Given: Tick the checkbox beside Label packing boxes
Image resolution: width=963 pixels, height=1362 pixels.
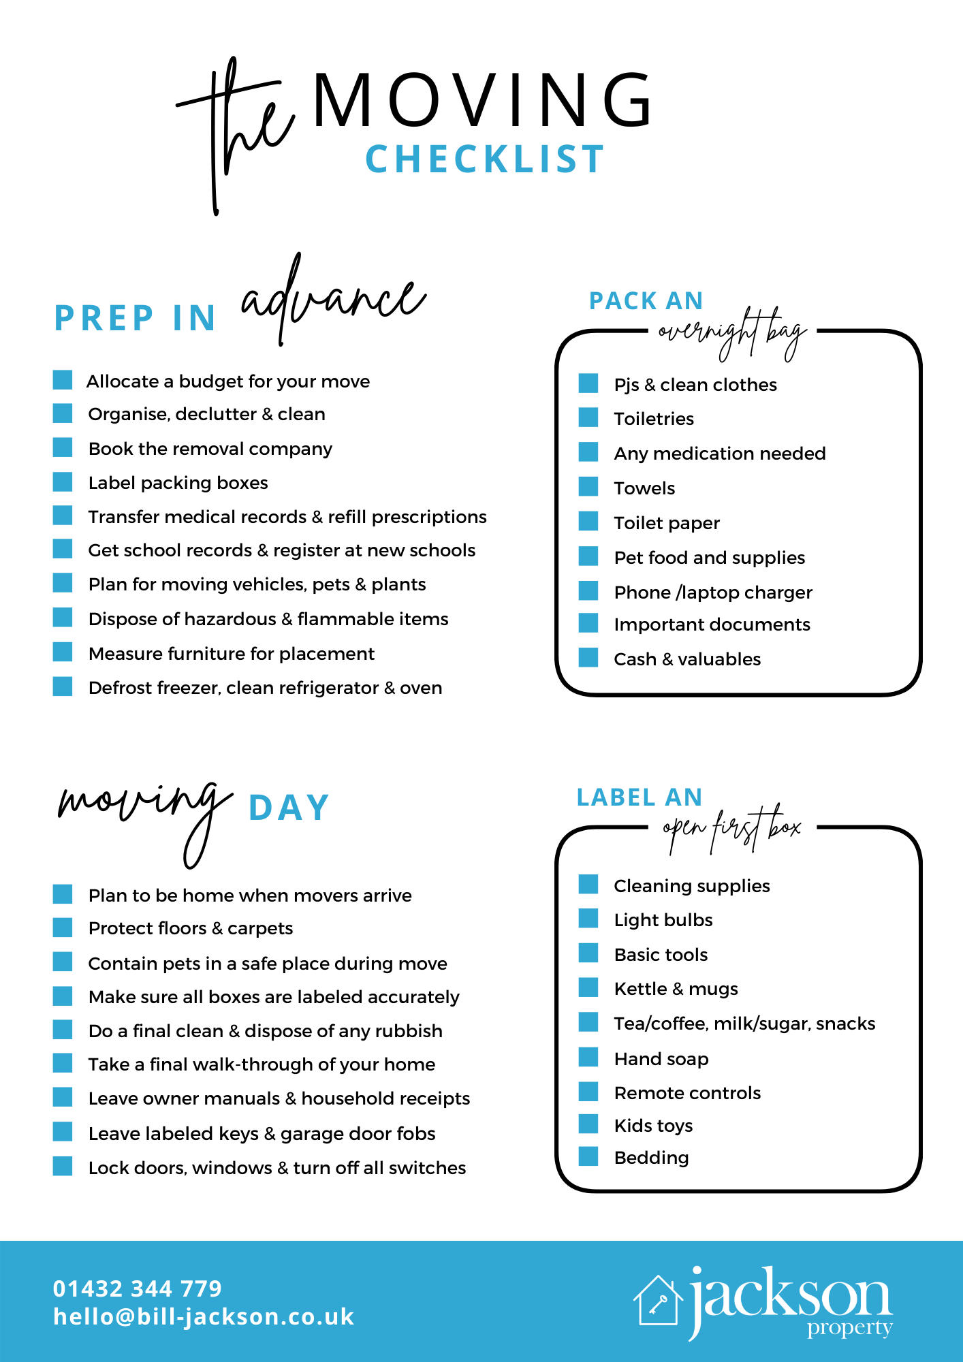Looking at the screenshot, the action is (x=63, y=482).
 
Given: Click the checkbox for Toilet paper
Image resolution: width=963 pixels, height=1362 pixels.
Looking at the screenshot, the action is (x=588, y=522).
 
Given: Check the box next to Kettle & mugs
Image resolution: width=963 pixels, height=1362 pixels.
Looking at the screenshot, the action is (x=588, y=987).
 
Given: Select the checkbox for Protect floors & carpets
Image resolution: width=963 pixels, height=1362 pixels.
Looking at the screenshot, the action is (x=63, y=928).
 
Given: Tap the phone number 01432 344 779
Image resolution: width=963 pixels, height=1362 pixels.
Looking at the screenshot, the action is (x=138, y=1288).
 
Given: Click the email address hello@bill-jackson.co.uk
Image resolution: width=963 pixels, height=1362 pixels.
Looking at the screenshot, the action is (x=204, y=1317).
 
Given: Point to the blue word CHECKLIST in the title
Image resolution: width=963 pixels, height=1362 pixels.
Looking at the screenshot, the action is (x=485, y=159).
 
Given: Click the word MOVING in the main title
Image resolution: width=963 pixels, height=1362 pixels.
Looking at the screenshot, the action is (x=482, y=101).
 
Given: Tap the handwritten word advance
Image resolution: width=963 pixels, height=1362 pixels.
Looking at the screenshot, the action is (x=334, y=300).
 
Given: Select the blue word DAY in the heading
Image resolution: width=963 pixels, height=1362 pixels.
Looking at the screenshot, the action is (x=289, y=808).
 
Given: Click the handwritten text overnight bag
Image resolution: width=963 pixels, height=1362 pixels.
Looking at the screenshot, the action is (x=733, y=333).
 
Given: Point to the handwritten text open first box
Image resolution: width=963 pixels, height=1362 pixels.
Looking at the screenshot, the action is (x=733, y=828).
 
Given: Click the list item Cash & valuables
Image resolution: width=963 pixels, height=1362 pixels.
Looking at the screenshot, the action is (x=687, y=659).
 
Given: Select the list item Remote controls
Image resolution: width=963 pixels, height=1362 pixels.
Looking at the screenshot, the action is (x=687, y=1093).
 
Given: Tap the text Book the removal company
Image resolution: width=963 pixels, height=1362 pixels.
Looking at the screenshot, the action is (x=210, y=449).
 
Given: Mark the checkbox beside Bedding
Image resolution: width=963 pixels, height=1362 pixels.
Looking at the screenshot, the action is (x=588, y=1156).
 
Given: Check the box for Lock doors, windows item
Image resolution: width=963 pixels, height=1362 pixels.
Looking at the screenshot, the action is (x=63, y=1167).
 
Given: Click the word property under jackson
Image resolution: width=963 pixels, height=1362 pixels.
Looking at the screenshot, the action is (x=849, y=1329).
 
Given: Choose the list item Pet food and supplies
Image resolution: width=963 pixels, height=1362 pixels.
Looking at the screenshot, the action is (x=709, y=558).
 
